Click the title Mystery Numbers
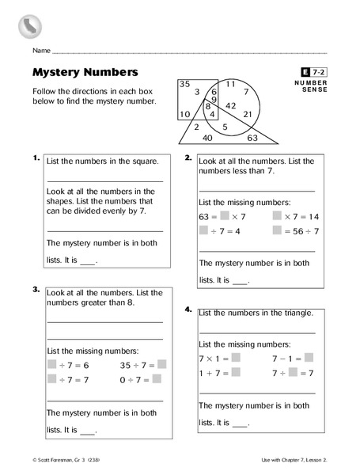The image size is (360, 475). [x=85, y=73]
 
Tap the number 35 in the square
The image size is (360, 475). [x=184, y=84]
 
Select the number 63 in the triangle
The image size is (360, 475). [x=252, y=138]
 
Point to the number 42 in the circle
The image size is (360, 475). [x=232, y=105]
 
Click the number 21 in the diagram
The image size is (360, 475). [x=248, y=115]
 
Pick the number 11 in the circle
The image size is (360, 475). [x=231, y=84]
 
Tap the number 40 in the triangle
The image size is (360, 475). [x=207, y=138]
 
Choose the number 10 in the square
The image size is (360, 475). [x=184, y=115]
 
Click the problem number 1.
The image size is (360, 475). [x=36, y=158]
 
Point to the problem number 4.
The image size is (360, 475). [x=189, y=310]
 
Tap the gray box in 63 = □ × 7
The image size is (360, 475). [x=225, y=216]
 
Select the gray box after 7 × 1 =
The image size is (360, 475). [x=235, y=358]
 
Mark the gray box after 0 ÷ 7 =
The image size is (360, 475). [x=156, y=380]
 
